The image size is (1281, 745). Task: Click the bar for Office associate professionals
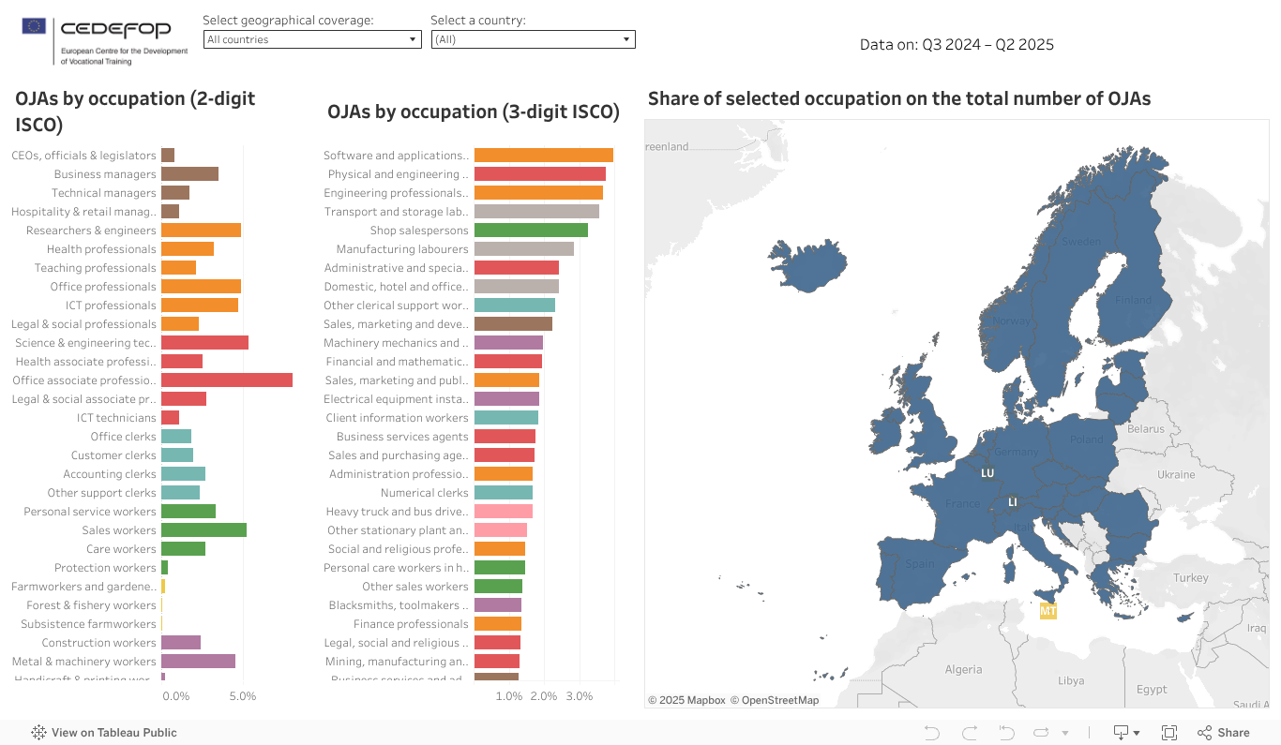(x=226, y=380)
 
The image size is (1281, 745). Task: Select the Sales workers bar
(x=203, y=530)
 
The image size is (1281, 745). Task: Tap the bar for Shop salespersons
(x=531, y=231)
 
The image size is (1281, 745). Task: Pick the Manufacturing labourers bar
(x=523, y=249)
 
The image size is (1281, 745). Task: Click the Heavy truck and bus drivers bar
(x=503, y=512)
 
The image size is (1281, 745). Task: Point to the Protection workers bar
(x=164, y=568)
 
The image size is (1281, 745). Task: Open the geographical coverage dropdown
(x=311, y=39)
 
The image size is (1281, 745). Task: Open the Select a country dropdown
(x=533, y=39)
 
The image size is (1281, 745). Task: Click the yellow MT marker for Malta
(x=1048, y=612)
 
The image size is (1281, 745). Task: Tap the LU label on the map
(x=987, y=473)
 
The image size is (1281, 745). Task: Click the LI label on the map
(x=1013, y=502)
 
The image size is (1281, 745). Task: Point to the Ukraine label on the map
(x=1176, y=475)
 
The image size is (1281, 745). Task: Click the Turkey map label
(x=1191, y=578)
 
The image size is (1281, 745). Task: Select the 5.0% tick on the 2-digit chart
(x=243, y=696)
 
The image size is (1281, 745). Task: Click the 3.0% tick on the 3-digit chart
(x=580, y=696)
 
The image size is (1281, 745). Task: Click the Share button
(x=1224, y=733)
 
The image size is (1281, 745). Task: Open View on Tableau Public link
(x=104, y=733)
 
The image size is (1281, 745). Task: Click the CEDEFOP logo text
(x=115, y=29)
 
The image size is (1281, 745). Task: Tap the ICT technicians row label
(x=116, y=418)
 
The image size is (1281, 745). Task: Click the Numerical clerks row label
(x=424, y=493)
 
